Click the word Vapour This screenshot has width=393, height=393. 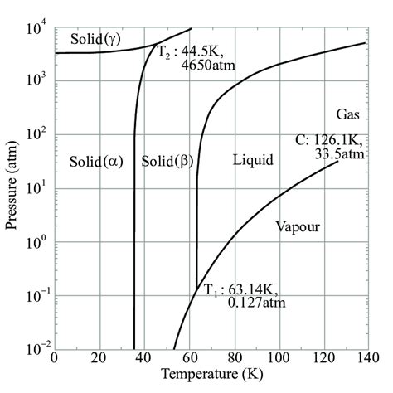coord(297,226)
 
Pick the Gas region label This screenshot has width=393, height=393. coord(348,113)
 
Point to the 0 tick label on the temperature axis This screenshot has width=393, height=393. coord(54,359)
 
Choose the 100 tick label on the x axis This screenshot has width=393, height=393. coord(277,359)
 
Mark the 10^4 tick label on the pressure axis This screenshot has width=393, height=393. coord(36,27)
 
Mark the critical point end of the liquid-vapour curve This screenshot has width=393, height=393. coord(338,160)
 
